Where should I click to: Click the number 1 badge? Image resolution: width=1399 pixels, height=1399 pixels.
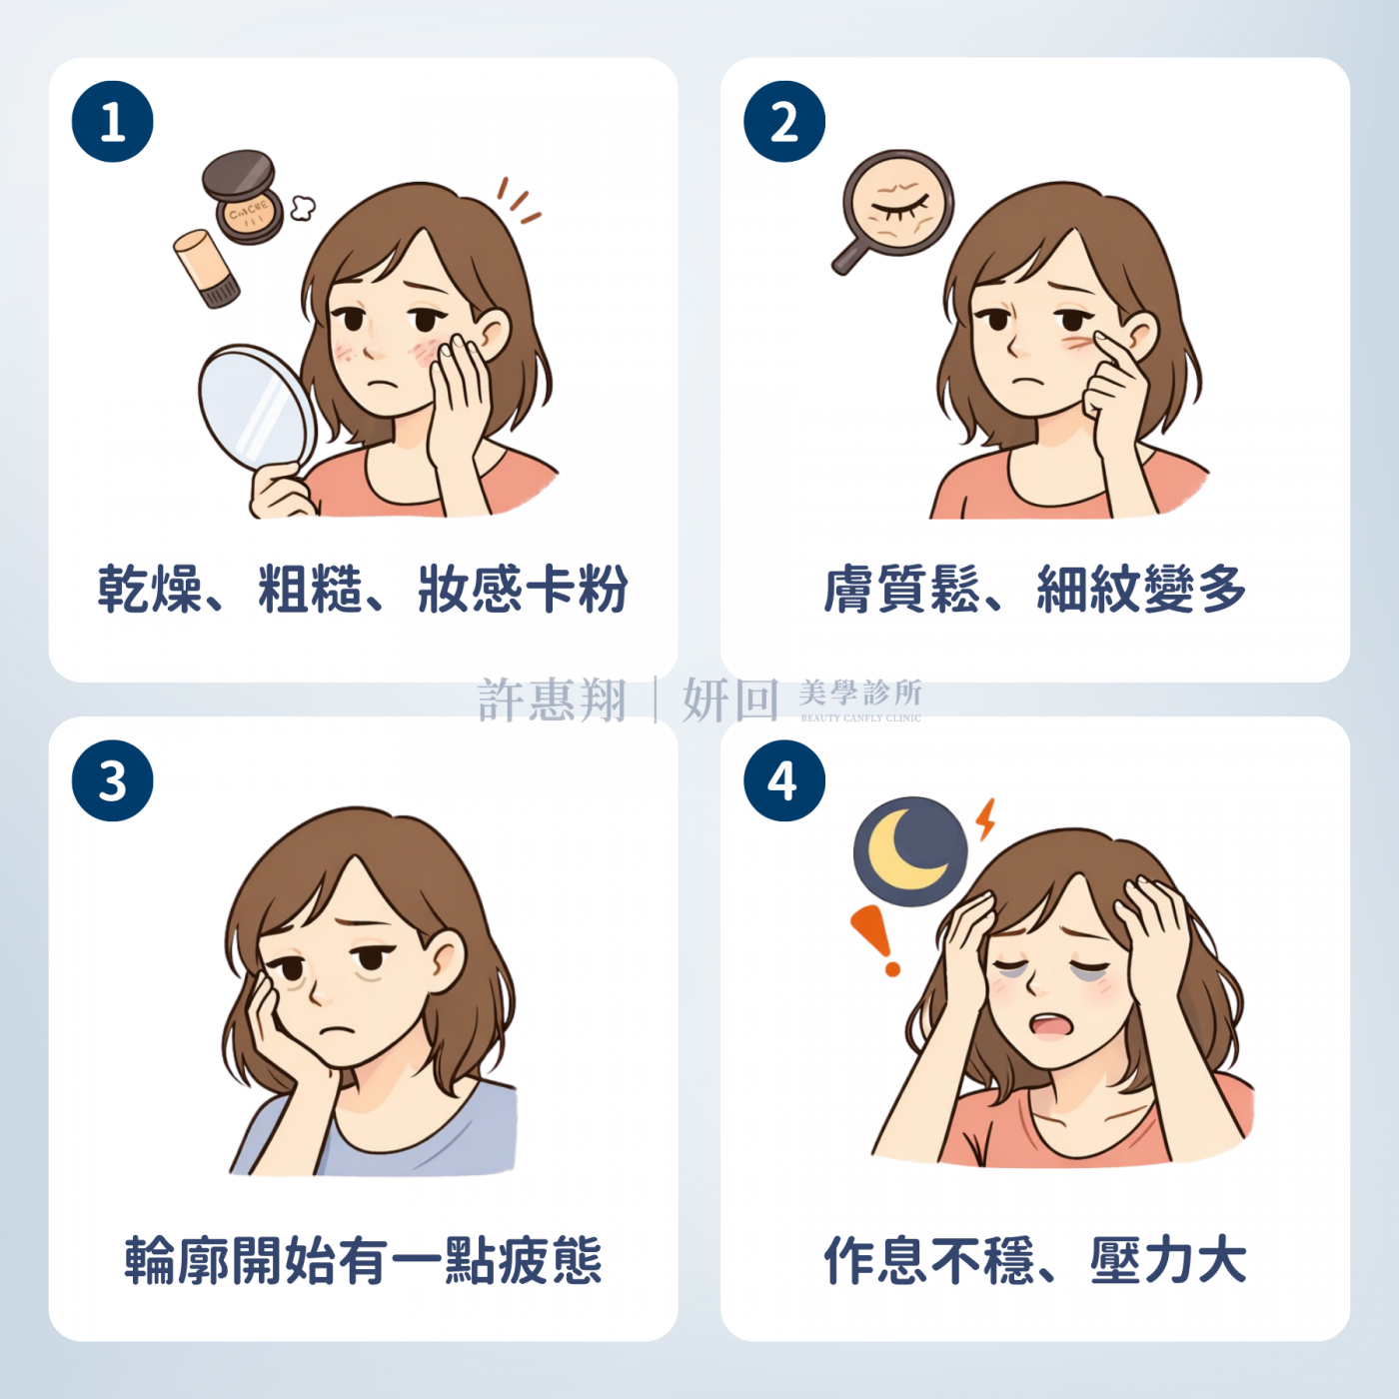point(113,122)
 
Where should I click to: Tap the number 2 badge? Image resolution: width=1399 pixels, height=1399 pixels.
point(784,122)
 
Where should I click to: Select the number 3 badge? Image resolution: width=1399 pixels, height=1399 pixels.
point(113,780)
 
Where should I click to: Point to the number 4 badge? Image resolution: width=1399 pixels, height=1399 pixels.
point(784,780)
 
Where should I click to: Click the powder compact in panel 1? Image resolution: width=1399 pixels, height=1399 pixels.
point(243,197)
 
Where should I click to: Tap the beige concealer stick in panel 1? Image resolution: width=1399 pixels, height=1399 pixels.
point(206,268)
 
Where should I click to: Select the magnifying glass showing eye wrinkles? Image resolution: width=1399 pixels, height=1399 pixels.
point(895,206)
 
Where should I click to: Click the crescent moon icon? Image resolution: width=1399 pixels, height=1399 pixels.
point(909,851)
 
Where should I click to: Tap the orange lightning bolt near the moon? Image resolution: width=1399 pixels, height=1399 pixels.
point(986,818)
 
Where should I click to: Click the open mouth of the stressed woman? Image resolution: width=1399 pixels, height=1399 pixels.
point(1049,1025)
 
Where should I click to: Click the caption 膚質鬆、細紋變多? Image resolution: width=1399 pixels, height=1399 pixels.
point(1034,589)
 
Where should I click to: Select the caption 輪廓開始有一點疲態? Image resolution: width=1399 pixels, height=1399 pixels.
point(363,1260)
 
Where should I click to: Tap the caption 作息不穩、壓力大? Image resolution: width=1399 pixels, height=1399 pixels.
point(1034,1260)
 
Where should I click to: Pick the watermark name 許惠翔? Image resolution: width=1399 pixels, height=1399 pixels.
point(552,699)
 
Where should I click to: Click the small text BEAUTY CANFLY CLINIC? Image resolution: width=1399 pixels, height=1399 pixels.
point(860,717)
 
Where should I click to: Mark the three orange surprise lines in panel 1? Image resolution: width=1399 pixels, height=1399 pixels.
point(519,201)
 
